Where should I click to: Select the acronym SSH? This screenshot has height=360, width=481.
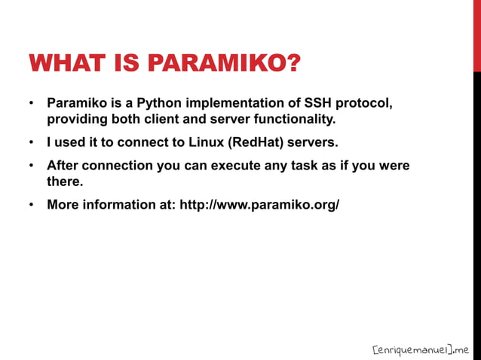point(318,102)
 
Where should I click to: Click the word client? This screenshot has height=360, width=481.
point(161,119)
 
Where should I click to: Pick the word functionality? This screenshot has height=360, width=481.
point(290,119)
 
